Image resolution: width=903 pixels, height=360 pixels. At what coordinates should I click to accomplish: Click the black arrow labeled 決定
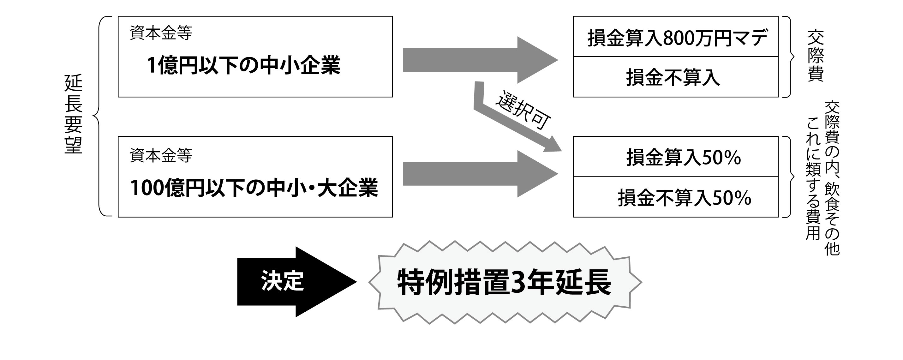pyautogui.click(x=296, y=282)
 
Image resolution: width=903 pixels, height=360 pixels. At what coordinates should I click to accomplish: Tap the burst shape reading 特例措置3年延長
pyautogui.click(x=505, y=282)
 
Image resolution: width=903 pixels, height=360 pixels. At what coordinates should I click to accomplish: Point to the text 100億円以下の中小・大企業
pyautogui.click(x=254, y=188)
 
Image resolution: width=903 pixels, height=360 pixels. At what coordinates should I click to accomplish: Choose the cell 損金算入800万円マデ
pyautogui.click(x=675, y=36)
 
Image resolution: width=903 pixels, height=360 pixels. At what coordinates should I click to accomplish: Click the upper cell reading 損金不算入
pyautogui.click(x=675, y=77)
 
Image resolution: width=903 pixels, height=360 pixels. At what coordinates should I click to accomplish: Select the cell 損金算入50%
pyautogui.click(x=675, y=157)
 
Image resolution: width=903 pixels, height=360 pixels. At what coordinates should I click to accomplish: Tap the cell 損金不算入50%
pyautogui.click(x=675, y=197)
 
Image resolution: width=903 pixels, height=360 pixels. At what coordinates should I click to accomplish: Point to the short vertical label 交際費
pyautogui.click(x=816, y=56)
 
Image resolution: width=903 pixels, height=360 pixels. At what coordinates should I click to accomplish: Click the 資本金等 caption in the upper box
pyautogui.click(x=161, y=33)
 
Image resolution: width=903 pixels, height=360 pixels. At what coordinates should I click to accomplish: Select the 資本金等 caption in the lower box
pyautogui.click(x=161, y=155)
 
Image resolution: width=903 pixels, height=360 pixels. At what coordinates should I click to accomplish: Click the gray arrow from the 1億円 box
pyautogui.click(x=480, y=60)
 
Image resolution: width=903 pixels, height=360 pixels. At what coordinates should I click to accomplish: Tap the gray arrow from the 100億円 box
pyautogui.click(x=480, y=174)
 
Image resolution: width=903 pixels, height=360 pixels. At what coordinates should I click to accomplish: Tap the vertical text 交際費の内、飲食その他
pyautogui.click(x=832, y=178)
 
